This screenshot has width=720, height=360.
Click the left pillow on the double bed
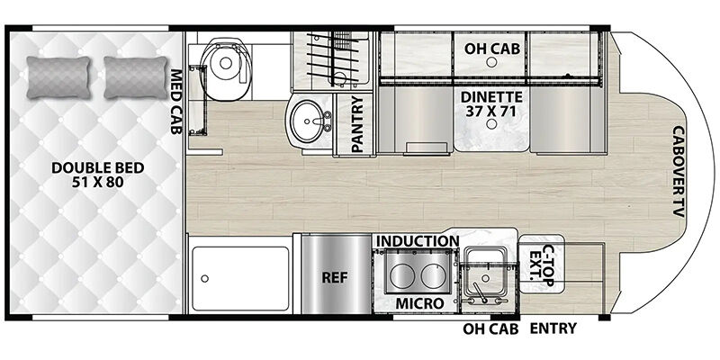pos(58,77)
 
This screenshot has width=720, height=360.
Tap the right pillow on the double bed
pos(136,77)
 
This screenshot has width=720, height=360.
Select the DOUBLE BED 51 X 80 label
pos(97,175)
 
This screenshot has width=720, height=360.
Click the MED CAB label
pos(175,102)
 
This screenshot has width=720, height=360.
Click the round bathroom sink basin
pos(309,122)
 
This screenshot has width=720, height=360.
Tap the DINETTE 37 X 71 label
pos(491,104)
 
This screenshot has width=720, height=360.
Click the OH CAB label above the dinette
pos(491,49)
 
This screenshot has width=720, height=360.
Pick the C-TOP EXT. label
pos(542,265)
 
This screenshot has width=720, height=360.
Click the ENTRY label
pos(553,328)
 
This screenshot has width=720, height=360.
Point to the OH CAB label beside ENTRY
pos(490,328)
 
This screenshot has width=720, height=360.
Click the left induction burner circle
pos(402,277)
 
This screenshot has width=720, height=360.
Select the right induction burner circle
pos(434,277)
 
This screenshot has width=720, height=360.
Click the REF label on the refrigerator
pos(335,278)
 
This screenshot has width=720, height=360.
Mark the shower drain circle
pos(205,278)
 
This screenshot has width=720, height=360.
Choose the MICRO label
pos(419,303)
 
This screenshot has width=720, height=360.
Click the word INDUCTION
pos(418,241)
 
